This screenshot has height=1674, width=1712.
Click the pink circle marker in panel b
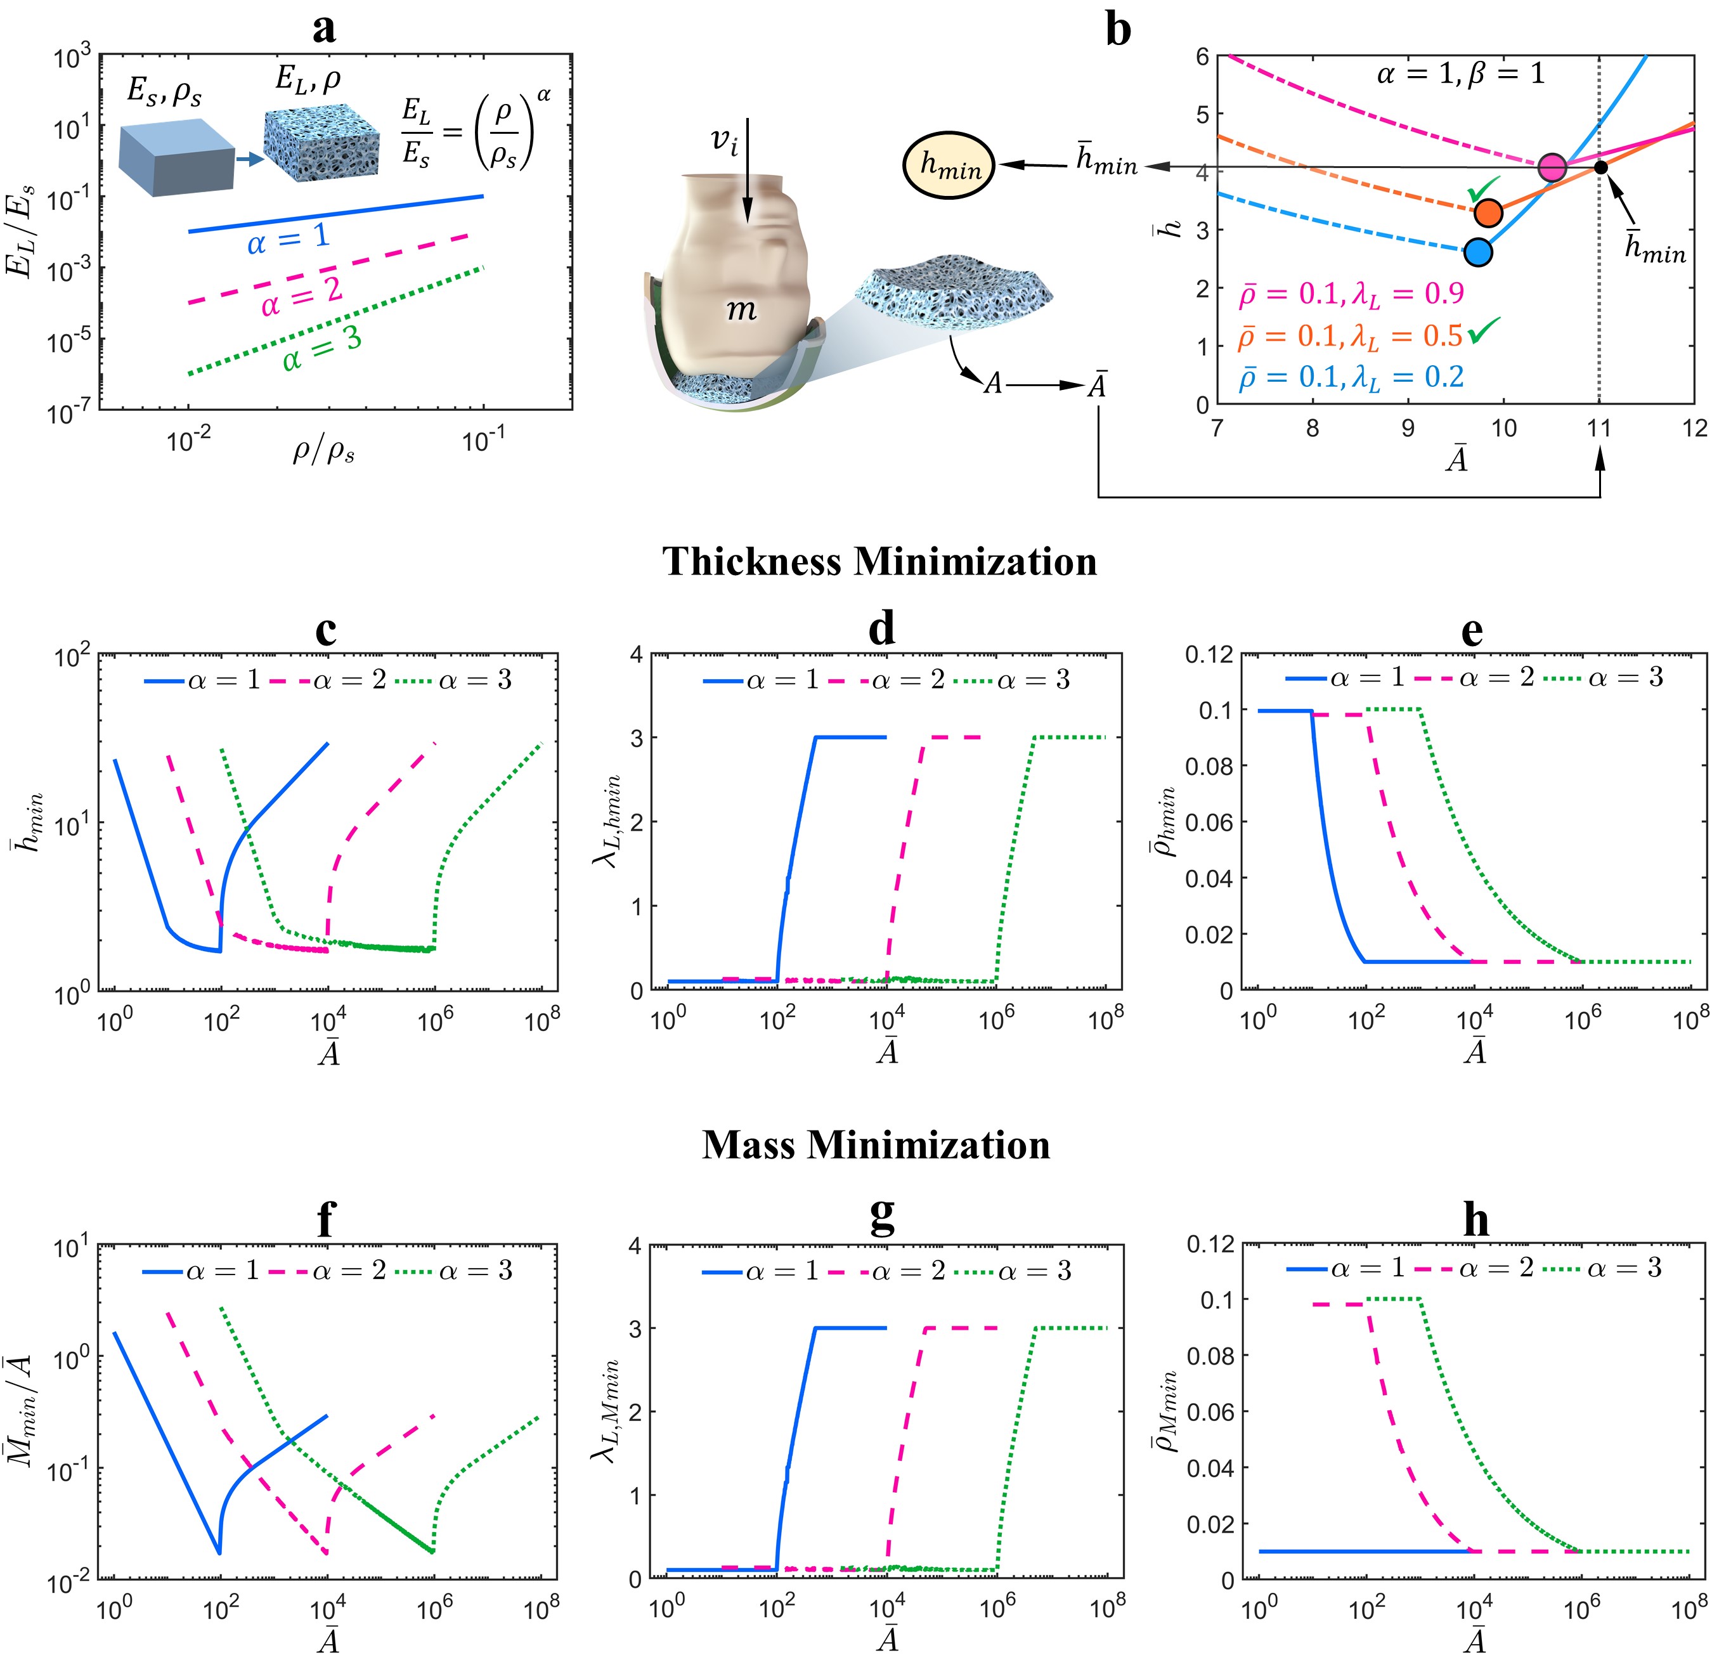click(x=1553, y=167)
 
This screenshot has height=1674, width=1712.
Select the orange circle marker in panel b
click(x=1488, y=213)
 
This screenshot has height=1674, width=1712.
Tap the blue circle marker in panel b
click(x=1479, y=252)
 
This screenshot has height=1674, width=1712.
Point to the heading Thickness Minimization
click(x=879, y=561)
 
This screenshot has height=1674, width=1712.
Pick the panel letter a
click(x=325, y=29)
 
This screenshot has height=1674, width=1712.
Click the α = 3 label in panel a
click(x=322, y=349)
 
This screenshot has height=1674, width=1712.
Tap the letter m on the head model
click(x=741, y=309)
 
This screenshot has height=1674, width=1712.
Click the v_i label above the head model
click(x=725, y=141)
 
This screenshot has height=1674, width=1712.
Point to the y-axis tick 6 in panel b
click(x=1201, y=57)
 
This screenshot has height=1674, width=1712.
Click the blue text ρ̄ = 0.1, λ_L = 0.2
click(x=1351, y=377)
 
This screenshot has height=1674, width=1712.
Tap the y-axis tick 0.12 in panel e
click(x=1209, y=654)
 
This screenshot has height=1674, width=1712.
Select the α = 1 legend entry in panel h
click(x=1341, y=1269)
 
